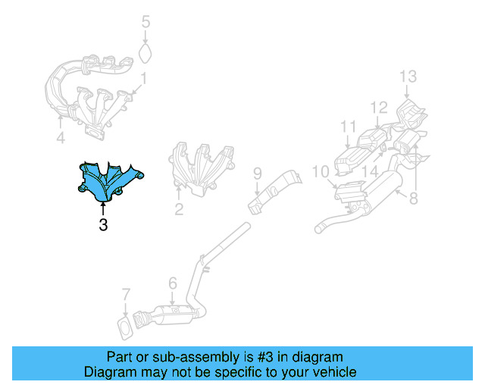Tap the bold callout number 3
[103, 225]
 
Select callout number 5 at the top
[146, 22]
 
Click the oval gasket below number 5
[145, 53]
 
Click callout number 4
[61, 137]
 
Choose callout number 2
[179, 209]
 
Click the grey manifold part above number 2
[201, 169]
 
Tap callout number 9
[258, 174]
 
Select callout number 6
[173, 283]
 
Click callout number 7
[126, 295]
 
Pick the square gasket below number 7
[127, 328]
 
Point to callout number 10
[320, 172]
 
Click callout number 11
[349, 127]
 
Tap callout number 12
[379, 108]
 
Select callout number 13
[408, 77]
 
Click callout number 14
[370, 171]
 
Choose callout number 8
[414, 199]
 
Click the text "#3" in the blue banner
[265, 357]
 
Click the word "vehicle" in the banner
[337, 372]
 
